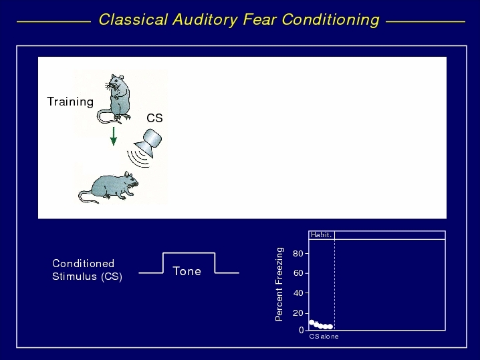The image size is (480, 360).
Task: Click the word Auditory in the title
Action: pyautogui.click(x=205, y=20)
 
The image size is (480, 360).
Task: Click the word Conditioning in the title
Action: pyautogui.click(x=331, y=20)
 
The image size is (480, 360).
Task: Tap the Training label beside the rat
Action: pyautogui.click(x=70, y=102)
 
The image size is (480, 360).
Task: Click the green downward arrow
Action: pyautogui.click(x=114, y=136)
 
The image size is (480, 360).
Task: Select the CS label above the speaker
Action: pyautogui.click(x=154, y=118)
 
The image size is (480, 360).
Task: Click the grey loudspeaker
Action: pyautogui.click(x=148, y=142)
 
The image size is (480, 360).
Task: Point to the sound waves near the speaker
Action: pyautogui.click(x=138, y=158)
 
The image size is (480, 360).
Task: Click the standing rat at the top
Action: pyautogui.click(x=114, y=99)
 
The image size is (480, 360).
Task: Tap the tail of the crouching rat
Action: pyautogui.click(x=88, y=196)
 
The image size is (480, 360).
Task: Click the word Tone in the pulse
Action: pyautogui.click(x=187, y=271)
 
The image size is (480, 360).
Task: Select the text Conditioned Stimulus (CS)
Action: pyautogui.click(x=88, y=270)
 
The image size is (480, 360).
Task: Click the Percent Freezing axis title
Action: pyautogui.click(x=279, y=284)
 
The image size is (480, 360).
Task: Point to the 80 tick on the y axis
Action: pyautogui.click(x=298, y=254)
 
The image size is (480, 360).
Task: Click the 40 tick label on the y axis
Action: pyautogui.click(x=298, y=293)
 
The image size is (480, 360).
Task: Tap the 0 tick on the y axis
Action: pyautogui.click(x=302, y=330)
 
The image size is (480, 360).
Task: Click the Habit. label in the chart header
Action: pyautogui.click(x=321, y=235)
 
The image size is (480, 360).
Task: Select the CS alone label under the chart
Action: pyautogui.click(x=324, y=337)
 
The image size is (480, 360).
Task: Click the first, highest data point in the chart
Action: pyautogui.click(x=312, y=322)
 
